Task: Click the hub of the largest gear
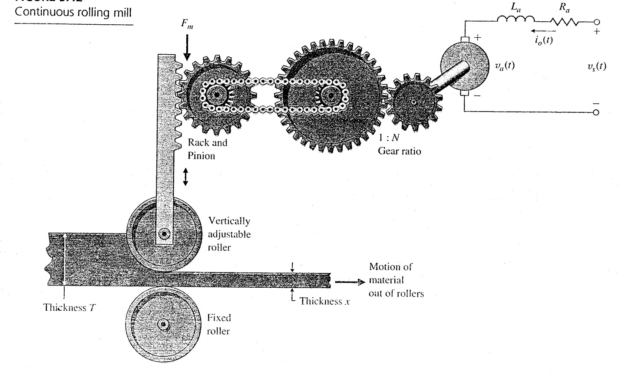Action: click(330, 95)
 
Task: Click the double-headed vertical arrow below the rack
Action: click(186, 177)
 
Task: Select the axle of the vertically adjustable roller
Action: click(164, 234)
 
